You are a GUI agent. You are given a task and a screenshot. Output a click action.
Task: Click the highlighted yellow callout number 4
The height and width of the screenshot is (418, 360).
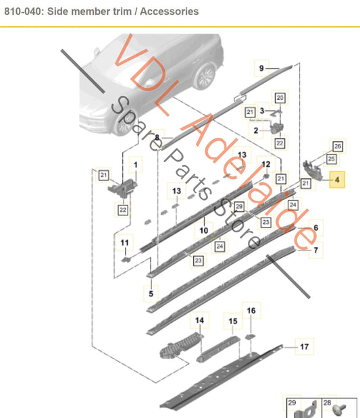[x=337, y=180]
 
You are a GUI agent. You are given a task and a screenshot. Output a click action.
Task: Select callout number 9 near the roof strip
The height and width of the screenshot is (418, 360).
[x=261, y=68]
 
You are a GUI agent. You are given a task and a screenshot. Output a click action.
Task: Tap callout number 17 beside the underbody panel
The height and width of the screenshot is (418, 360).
[x=304, y=346]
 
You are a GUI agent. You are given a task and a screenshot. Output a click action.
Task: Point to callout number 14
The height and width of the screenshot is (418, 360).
[x=199, y=320]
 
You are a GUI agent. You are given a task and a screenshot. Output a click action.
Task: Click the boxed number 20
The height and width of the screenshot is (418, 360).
[x=280, y=98]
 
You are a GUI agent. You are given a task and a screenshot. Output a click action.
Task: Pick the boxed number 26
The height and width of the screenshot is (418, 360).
[x=338, y=146]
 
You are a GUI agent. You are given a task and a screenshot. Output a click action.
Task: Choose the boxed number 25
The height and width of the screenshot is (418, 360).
[x=331, y=159]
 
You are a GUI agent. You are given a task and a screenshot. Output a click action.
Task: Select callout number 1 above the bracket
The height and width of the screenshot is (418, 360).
[x=136, y=165]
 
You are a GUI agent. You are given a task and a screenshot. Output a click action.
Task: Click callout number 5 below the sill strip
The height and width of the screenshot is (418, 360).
[x=151, y=294]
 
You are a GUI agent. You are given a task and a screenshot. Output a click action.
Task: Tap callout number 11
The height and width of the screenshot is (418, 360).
[x=124, y=242]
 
